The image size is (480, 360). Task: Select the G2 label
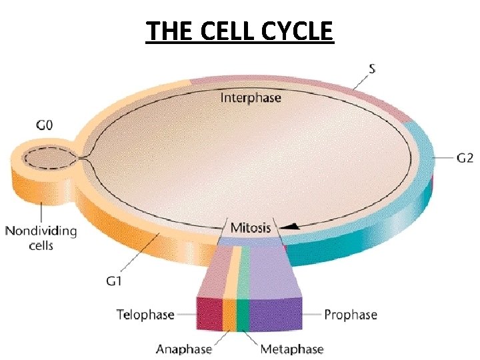(x=465, y=158)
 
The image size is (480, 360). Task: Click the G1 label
(x=114, y=281)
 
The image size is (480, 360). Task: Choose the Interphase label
(x=251, y=98)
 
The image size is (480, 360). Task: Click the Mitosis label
(x=251, y=228)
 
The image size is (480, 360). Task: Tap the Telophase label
(x=145, y=314)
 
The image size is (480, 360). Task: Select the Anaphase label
(x=184, y=349)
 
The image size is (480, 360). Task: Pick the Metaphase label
(x=292, y=349)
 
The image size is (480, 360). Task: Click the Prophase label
(x=351, y=314)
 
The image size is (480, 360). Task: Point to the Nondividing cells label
(x=41, y=238)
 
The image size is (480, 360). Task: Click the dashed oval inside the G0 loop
(x=47, y=159)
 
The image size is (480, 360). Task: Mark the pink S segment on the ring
(x=300, y=81)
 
